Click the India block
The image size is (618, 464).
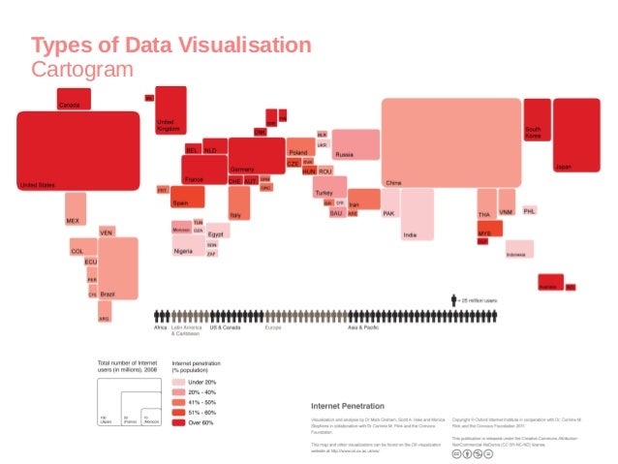pos(417,214)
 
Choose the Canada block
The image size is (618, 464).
pos(74,98)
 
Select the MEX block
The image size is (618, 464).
pos(76,208)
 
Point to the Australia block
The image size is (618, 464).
pos(549,282)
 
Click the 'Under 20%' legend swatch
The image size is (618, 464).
pos(178,383)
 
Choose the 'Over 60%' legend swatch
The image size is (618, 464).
pos(178,422)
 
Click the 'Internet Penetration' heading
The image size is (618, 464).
pos(347,405)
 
